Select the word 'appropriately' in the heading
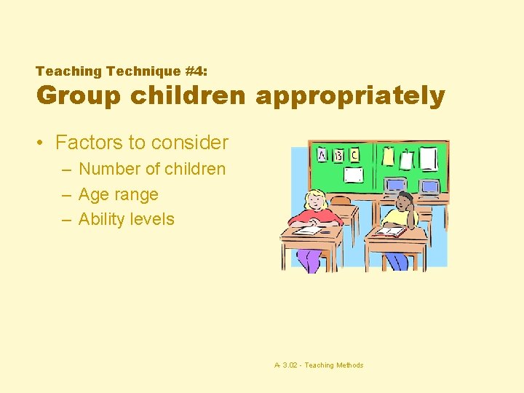350,96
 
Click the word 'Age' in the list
93,194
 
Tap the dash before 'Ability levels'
66,219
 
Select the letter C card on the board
354,155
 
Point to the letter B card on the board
339,155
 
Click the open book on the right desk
390,231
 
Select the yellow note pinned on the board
388,157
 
